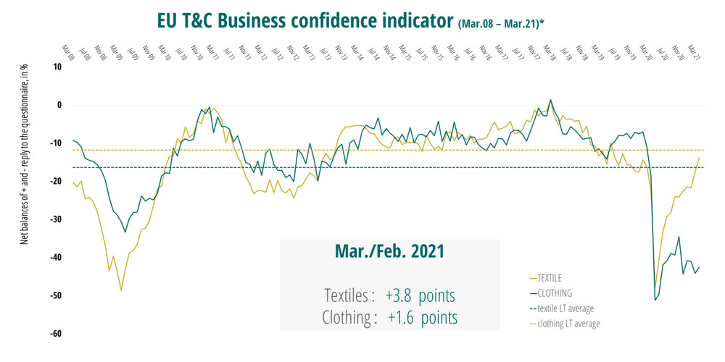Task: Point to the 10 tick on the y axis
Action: pos(57,67)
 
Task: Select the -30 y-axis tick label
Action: pos(56,219)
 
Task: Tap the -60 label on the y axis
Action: pos(56,334)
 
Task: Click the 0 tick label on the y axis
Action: pos(59,105)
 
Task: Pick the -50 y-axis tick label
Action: pos(56,296)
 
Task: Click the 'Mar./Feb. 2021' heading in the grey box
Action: pos(390,253)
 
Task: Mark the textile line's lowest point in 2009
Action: pos(121,290)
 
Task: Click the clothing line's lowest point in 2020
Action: pos(655,300)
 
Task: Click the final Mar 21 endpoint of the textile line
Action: pos(699,157)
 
